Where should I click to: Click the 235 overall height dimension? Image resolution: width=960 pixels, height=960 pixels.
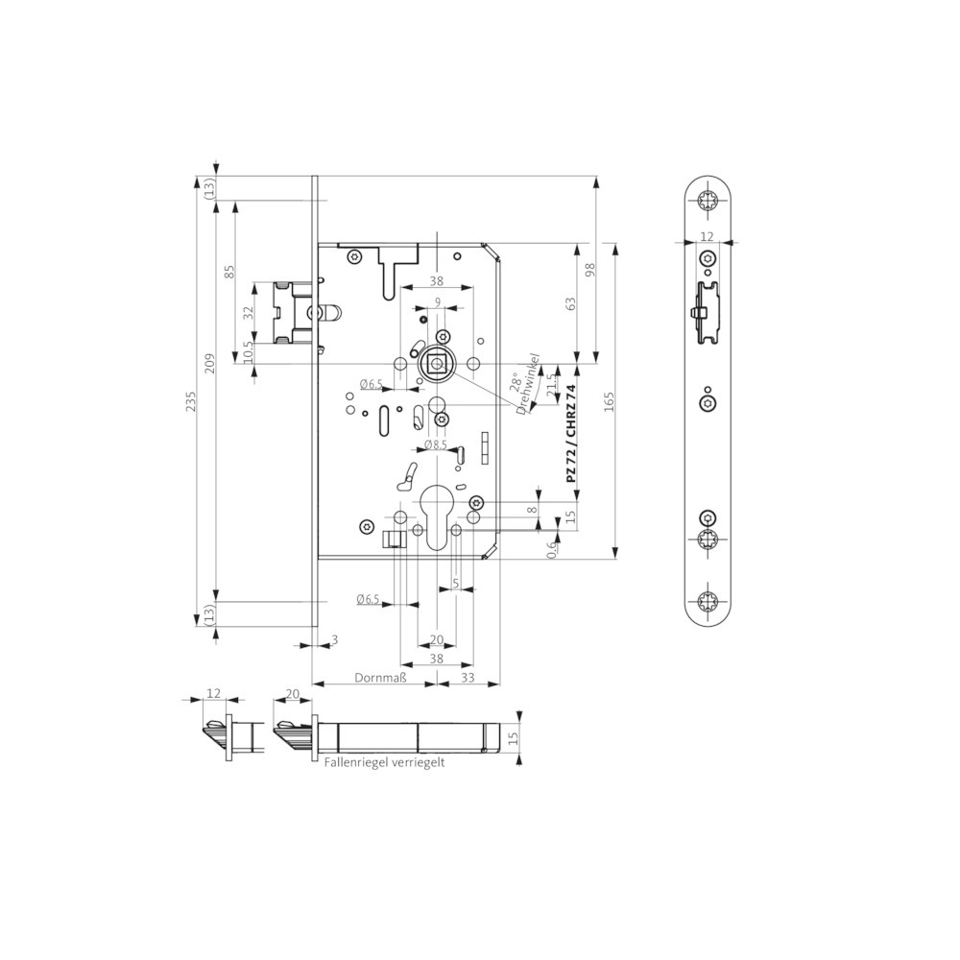pyautogui.click(x=192, y=401)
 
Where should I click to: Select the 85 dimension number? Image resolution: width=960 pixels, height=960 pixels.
pyautogui.click(x=229, y=272)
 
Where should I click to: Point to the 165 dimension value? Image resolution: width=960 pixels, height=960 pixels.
pyautogui.click(x=609, y=401)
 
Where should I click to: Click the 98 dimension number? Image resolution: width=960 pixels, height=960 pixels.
pyautogui.click(x=589, y=271)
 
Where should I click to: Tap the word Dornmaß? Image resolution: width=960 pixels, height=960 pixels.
pyautogui.click(x=380, y=678)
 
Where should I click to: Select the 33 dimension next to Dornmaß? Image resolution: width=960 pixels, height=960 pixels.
pyautogui.click(x=468, y=678)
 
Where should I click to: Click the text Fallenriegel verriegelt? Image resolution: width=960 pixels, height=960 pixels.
pyautogui.click(x=385, y=763)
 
